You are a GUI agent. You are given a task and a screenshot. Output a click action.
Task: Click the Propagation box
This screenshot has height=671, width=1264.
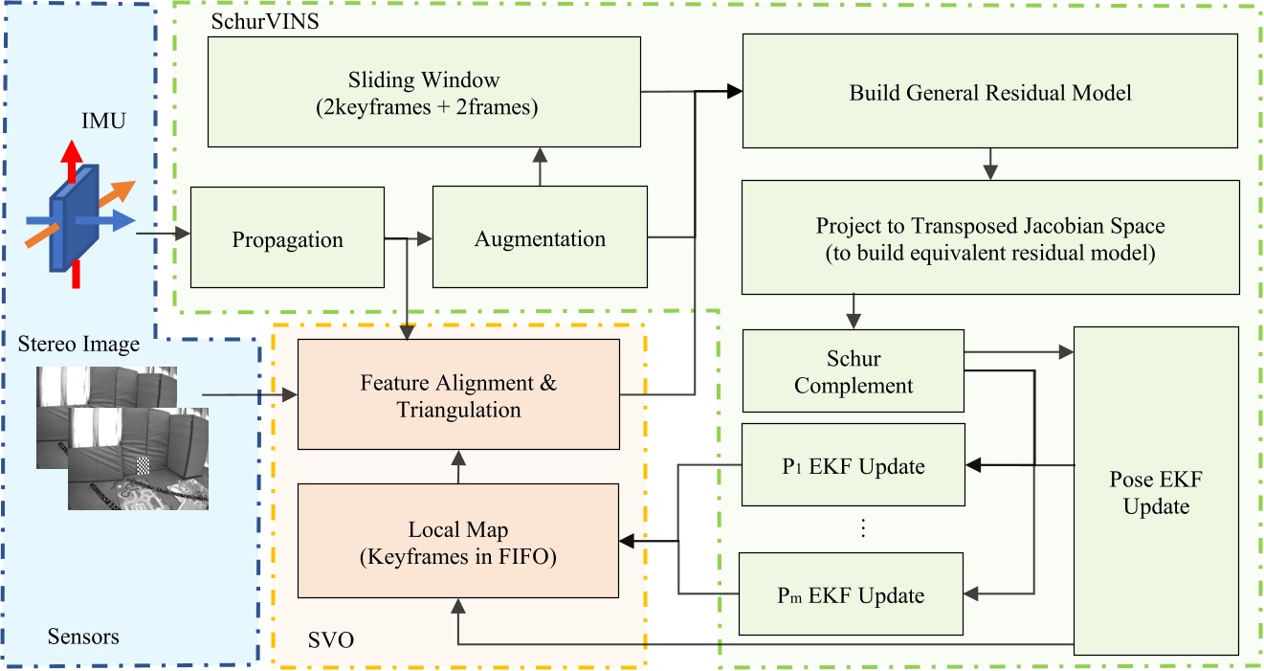287,237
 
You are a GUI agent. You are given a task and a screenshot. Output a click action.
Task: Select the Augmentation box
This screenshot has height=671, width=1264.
540,237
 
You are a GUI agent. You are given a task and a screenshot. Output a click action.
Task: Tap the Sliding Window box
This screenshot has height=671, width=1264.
424,92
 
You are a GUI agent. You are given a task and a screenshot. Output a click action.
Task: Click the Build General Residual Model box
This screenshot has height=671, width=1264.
990,92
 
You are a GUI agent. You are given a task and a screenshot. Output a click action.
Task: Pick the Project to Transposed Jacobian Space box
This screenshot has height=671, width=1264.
990,237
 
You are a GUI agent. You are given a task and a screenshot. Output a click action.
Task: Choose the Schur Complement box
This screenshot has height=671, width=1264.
853,372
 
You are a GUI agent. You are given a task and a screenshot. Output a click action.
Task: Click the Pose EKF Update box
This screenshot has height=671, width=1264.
1156,491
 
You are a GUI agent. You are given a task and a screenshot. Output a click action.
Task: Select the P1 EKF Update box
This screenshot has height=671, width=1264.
853,466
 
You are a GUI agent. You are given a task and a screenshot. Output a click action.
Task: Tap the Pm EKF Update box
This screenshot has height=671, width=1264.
853,594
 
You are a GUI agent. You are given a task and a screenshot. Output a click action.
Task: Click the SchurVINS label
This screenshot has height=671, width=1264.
248,19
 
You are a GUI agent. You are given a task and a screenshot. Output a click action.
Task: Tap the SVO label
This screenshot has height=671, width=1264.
329,638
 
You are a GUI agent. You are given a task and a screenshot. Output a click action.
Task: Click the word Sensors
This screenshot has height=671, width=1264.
83,636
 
